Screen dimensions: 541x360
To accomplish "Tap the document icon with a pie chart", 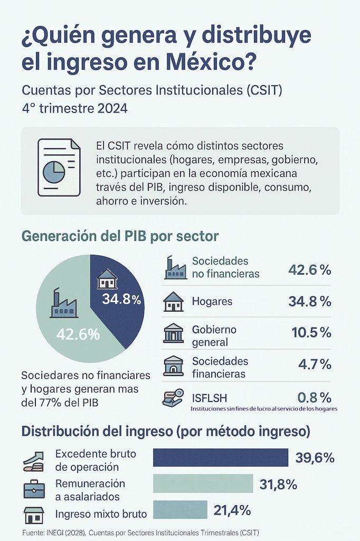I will pyautogui.click(x=59, y=167).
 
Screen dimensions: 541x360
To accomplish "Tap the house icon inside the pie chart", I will pyautogui.click(x=107, y=278).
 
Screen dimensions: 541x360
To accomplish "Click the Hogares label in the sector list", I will pyautogui.click(x=212, y=302).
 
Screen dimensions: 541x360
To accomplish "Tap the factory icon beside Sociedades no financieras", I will pyautogui.click(x=175, y=268).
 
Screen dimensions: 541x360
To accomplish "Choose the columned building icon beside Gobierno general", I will pyautogui.click(x=173, y=334).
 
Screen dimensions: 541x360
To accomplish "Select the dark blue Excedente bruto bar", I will pyautogui.click(x=221, y=458).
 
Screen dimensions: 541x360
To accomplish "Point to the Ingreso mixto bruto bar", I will pyautogui.click(x=180, y=510).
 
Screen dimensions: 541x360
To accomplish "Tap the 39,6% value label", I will pyautogui.click(x=315, y=458).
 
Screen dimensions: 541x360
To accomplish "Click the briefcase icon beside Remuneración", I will pyautogui.click(x=34, y=489).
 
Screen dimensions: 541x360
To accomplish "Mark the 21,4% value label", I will pyautogui.click(x=232, y=510).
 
